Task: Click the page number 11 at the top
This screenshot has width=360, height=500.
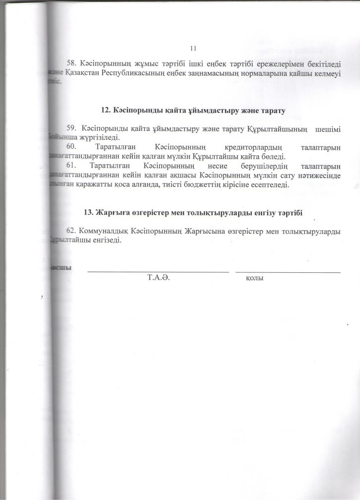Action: click(193, 48)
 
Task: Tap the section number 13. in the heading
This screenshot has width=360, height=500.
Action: click(88, 212)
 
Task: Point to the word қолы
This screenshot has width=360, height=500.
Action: click(254, 279)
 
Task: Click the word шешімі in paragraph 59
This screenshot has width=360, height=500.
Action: click(328, 129)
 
